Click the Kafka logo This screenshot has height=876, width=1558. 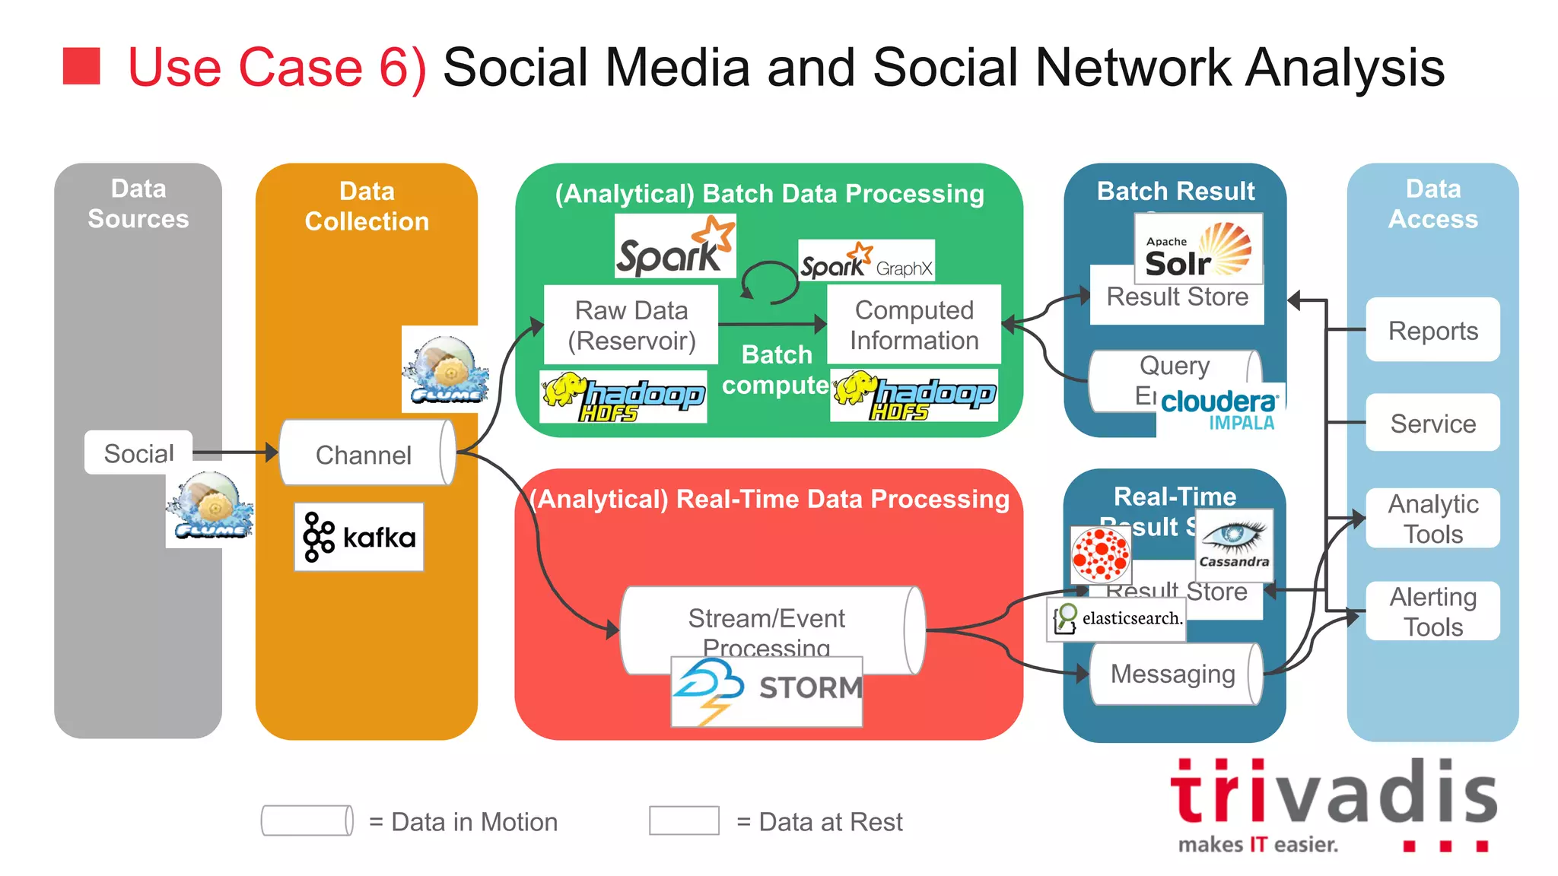359,537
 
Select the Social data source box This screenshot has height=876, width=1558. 138,453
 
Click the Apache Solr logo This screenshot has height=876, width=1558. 1198,249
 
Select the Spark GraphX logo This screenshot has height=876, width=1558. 866,261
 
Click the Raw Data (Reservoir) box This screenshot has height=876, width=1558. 631,325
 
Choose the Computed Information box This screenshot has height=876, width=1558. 914,325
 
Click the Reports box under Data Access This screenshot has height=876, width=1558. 1432,330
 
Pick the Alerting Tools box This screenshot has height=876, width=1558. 1432,611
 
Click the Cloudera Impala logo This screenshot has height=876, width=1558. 1220,409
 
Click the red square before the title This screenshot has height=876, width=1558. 81,66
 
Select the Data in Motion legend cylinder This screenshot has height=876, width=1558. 307,821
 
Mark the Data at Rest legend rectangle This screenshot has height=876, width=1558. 684,821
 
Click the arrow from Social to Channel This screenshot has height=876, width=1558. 236,452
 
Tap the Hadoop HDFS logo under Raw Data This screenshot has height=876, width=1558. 623,396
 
